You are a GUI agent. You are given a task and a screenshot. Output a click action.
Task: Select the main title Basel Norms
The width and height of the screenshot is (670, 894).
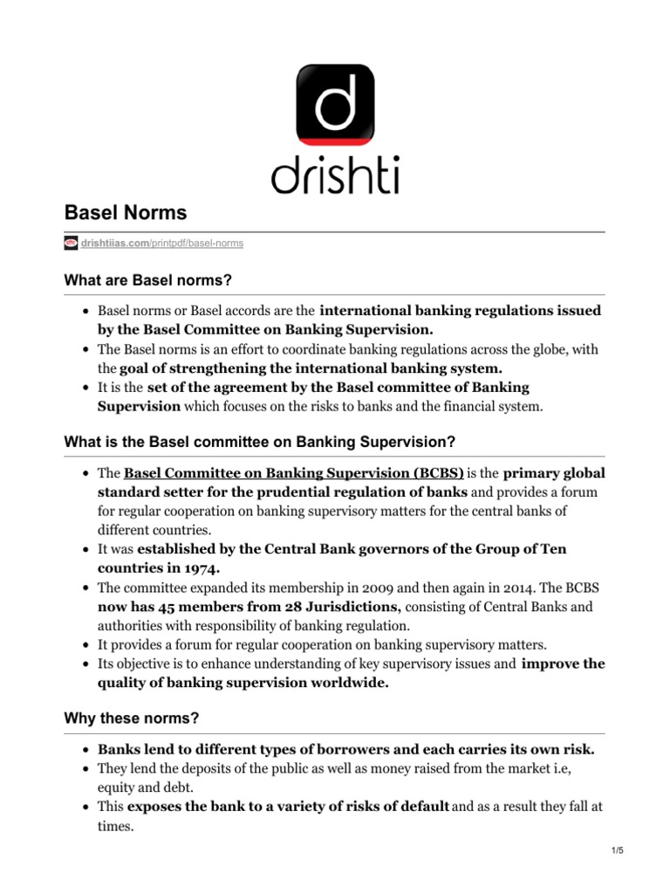click(x=126, y=212)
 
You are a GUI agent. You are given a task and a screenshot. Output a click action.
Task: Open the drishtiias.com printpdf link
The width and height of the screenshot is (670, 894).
click(x=161, y=243)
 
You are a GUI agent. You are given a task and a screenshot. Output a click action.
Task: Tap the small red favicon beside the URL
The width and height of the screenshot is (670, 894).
click(x=72, y=243)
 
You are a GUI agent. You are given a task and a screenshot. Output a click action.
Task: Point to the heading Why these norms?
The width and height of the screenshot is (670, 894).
click(x=131, y=718)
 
